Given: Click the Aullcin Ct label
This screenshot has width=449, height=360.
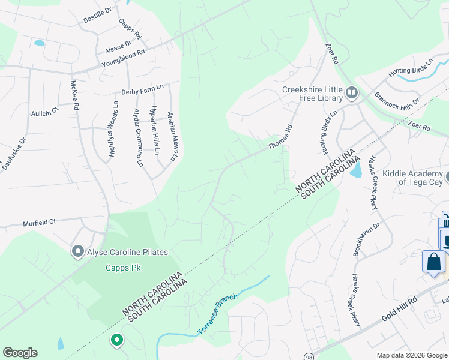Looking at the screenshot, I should click(45, 112).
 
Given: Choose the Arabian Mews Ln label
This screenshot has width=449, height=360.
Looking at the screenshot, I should click(173, 137).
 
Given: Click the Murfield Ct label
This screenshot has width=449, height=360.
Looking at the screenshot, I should click(39, 221).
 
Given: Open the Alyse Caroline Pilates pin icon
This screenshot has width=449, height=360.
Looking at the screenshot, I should click(77, 251).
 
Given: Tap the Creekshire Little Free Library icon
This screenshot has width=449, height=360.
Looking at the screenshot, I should click(351, 94).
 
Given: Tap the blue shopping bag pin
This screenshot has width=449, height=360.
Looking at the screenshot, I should click(433, 263).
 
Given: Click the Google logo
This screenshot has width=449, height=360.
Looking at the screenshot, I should click(20, 353).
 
